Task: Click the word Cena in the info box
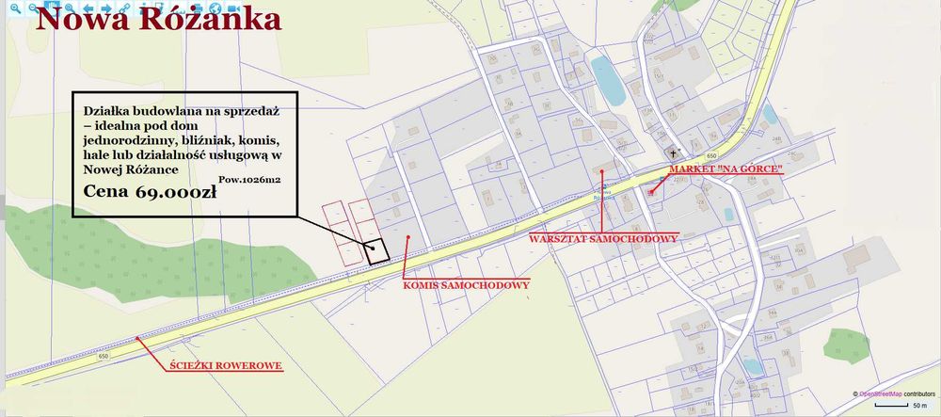pyautogui.click(x=106, y=192)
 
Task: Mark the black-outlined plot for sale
pyautogui.click(x=377, y=249)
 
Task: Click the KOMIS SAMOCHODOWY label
pyautogui.click(x=466, y=283)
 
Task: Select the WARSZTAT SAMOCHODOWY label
pyautogui.click(x=603, y=238)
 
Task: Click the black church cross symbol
pyautogui.click(x=673, y=152)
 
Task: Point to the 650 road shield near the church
pyautogui.click(x=710, y=155)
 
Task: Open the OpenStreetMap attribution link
pyautogui.click(x=877, y=393)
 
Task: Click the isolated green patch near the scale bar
pyautogui.click(x=848, y=345)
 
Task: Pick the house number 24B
pyautogui.click(x=777, y=139)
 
